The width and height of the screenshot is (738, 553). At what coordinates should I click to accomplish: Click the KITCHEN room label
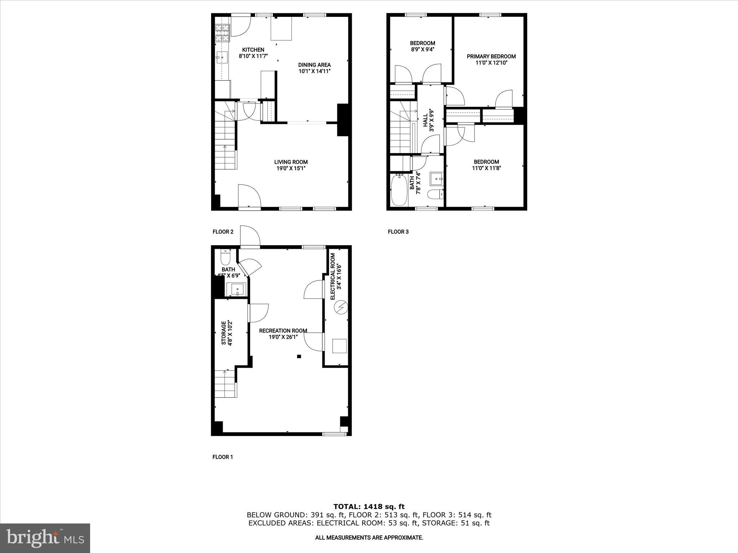click(253, 50)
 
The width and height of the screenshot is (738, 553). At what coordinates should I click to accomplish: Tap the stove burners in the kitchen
click(222, 33)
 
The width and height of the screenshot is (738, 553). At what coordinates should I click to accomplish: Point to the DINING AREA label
click(314, 65)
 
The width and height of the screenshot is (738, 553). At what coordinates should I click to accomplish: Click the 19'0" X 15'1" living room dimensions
click(291, 168)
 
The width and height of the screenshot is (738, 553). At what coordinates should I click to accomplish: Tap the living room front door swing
click(249, 196)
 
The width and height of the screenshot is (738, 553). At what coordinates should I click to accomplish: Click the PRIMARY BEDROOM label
click(491, 56)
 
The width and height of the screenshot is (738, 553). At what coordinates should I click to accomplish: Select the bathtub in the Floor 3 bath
click(399, 190)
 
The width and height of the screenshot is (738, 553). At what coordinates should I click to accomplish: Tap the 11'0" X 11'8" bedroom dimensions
click(486, 168)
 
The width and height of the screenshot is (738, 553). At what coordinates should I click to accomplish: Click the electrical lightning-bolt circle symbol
click(341, 307)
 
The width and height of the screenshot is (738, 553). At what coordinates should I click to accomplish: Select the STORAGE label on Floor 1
click(224, 333)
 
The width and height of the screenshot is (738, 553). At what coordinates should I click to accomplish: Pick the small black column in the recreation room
click(299, 356)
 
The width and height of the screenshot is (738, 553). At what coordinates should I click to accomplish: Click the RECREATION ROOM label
click(283, 331)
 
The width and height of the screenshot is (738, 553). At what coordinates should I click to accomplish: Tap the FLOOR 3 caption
click(398, 232)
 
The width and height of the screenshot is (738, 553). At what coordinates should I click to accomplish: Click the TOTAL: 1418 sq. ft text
click(369, 507)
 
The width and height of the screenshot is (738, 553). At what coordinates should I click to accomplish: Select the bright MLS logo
click(45, 538)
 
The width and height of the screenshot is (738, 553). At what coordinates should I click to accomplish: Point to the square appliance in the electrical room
click(339, 346)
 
